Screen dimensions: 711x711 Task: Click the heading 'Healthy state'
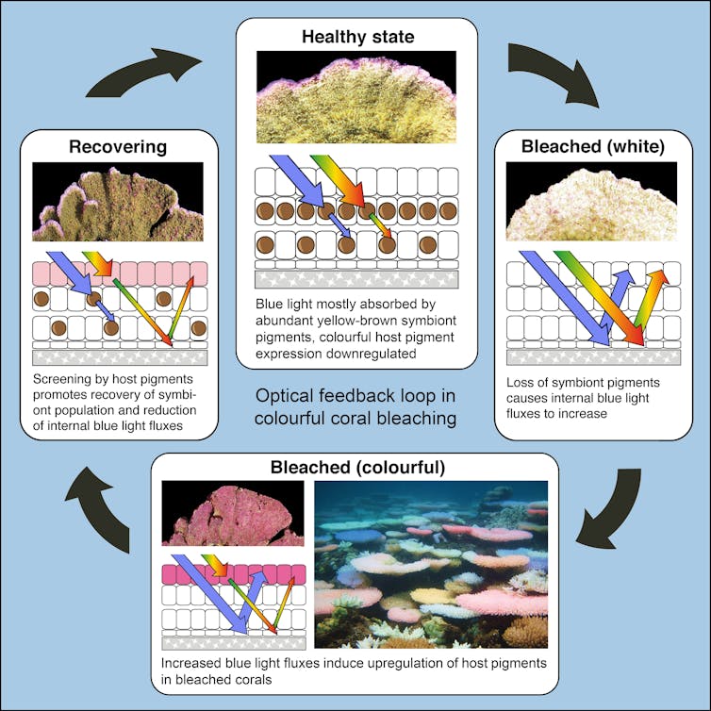[x=357, y=38]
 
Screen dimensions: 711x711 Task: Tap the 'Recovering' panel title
[x=117, y=146]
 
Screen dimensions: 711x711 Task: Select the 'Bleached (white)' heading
[x=592, y=146]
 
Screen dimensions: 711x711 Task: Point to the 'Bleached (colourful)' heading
[x=357, y=468]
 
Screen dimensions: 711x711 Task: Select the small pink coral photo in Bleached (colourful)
[x=233, y=513]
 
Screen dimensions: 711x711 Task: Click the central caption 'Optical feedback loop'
[x=355, y=396]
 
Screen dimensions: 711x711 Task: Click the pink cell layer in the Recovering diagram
[x=119, y=273]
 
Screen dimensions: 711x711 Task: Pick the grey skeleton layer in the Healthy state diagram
[x=356, y=280]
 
